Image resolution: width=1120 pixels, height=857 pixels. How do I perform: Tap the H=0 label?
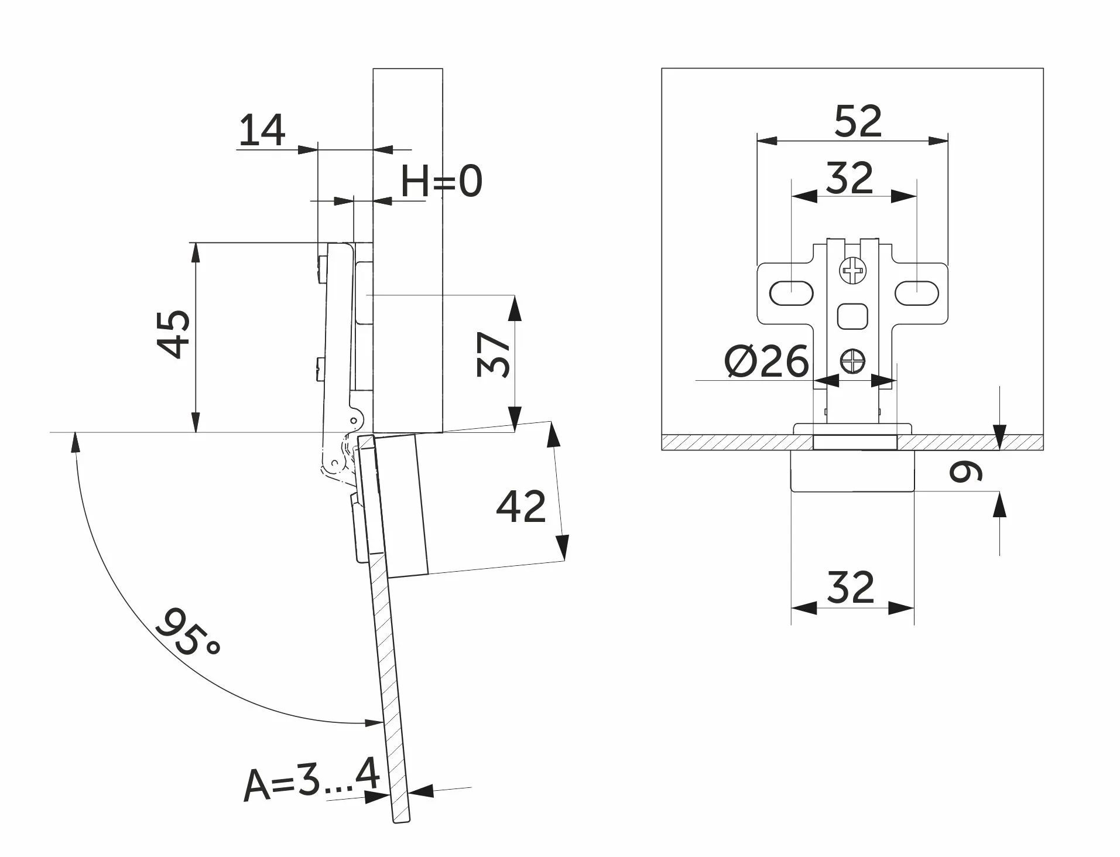tap(441, 181)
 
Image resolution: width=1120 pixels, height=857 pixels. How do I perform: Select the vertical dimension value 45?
tap(174, 333)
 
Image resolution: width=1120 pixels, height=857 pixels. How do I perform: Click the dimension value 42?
tap(520, 506)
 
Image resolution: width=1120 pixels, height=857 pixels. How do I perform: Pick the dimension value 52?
tap(858, 121)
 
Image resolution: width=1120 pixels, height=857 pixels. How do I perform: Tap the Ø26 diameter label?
tap(766, 361)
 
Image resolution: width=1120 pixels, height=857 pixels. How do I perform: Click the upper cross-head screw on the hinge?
tap(852, 271)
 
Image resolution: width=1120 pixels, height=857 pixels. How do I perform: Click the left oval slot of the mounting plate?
tap(791, 292)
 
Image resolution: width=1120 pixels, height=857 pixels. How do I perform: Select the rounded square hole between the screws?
tap(852, 316)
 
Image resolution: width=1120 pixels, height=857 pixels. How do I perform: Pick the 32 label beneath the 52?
tap(850, 177)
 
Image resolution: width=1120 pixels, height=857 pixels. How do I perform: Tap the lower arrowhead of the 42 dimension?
tap(562, 547)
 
